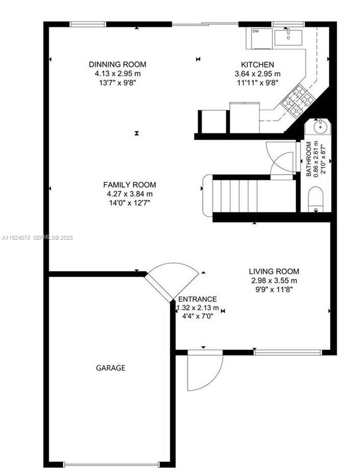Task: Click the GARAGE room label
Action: (110, 368)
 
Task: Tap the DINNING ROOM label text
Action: (117, 65)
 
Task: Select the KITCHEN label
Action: (257, 65)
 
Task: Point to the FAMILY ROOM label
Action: (129, 185)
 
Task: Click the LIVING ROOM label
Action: (274, 271)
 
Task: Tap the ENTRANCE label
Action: (197, 299)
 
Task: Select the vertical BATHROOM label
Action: (309, 158)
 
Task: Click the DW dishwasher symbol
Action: (255, 32)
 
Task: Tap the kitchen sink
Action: (288, 37)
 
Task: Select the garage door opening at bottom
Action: (110, 464)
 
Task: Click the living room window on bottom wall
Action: (288, 352)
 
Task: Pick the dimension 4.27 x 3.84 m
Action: (129, 193)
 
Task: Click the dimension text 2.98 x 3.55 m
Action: (274, 281)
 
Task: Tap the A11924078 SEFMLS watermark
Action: (38, 238)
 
